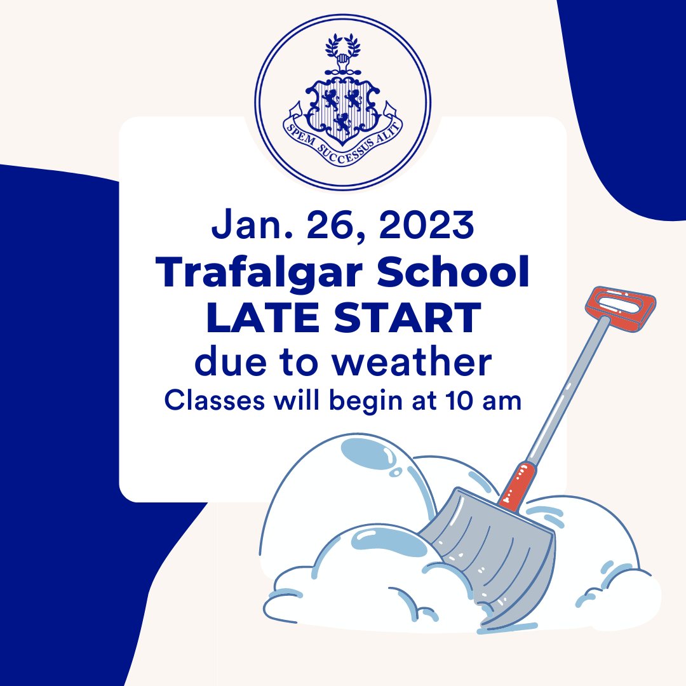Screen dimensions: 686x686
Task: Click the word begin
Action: coord(356,401)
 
